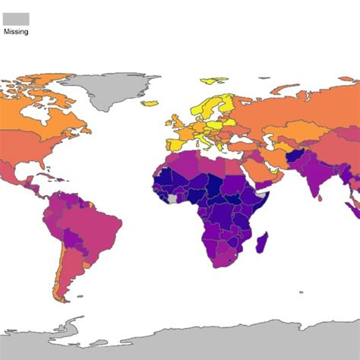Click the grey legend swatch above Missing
(x=15, y=19)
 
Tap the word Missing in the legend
(x=15, y=32)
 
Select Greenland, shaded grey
(x=114, y=91)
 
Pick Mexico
(x=30, y=171)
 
